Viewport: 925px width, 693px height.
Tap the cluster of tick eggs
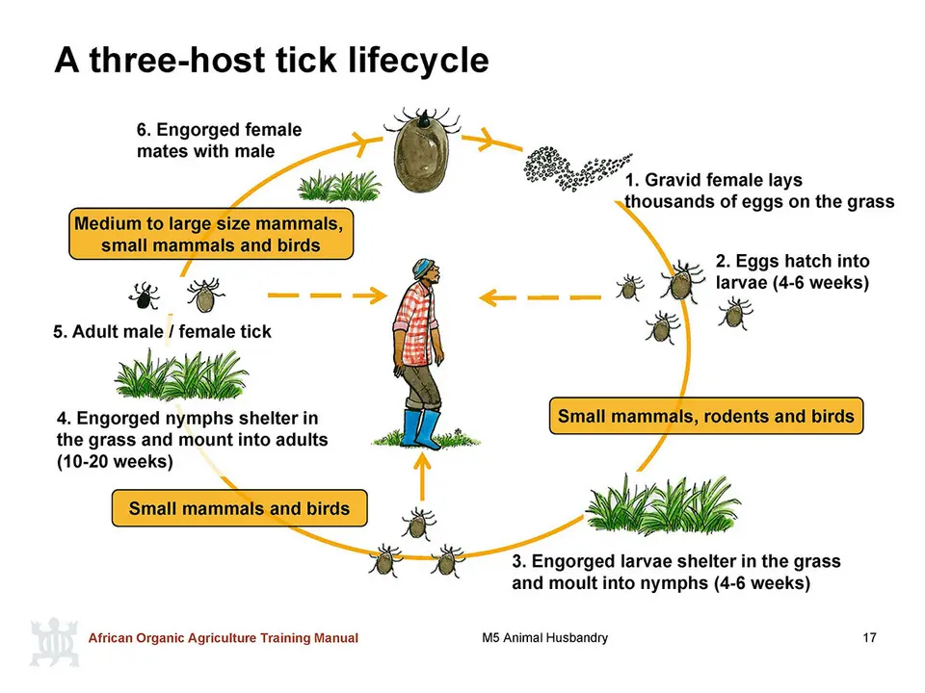pos(574,168)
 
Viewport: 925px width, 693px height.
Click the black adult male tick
pos(144,295)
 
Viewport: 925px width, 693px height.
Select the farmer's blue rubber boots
pos(421,429)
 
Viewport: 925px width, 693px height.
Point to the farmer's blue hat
pos(422,269)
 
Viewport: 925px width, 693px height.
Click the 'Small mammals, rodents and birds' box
pos(706,416)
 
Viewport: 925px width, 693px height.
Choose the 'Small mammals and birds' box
pos(240,508)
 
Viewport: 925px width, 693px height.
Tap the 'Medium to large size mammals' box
pos(211,234)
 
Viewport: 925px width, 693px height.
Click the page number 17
pos(869,637)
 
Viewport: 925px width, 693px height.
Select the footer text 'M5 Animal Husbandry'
pos(544,637)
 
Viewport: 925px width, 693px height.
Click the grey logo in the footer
pos(54,642)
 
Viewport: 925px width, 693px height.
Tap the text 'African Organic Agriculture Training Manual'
pos(223,637)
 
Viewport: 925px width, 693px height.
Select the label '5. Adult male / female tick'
pos(162,332)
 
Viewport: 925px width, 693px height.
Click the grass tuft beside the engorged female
pos(339,186)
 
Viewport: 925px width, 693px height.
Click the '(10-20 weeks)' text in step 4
pos(115,461)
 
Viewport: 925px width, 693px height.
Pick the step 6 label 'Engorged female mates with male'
pos(220,141)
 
